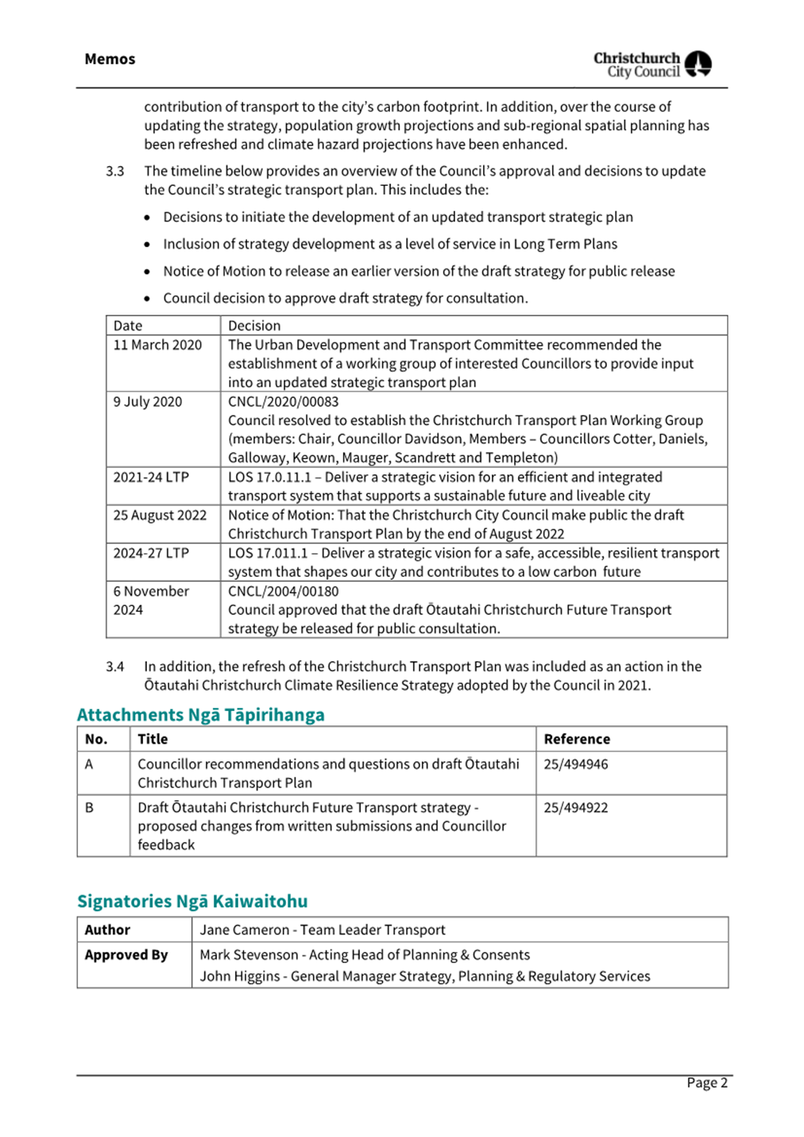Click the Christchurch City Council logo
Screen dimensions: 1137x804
[651, 64]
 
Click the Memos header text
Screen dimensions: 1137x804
[110, 59]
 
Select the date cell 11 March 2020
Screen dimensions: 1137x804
[157, 345]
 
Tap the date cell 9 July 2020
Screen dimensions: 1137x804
[148, 402]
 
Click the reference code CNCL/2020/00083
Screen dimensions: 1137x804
[283, 402]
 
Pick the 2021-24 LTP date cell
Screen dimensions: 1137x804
[151, 478]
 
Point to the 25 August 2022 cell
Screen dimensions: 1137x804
[160, 516]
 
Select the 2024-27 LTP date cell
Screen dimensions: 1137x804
[151, 553]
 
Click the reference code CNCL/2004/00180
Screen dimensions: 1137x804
[283, 591]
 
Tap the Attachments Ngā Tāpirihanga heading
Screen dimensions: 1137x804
[200, 715]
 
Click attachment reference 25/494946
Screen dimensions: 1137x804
[575, 764]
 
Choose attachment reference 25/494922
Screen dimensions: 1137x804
[575, 808]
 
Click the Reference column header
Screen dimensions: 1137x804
[577, 739]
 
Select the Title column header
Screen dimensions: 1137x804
[153, 739]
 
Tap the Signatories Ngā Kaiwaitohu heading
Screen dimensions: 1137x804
[192, 901]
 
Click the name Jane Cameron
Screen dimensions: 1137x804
[245, 930]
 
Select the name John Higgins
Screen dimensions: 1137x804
[240, 977]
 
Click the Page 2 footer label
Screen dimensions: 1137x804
[706, 1083]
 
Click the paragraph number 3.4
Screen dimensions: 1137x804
[115, 667]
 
